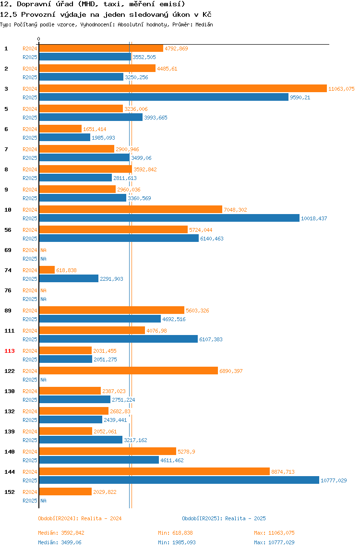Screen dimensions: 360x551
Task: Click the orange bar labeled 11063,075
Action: pos(183,88)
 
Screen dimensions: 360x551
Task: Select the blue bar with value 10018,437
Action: pos(169,218)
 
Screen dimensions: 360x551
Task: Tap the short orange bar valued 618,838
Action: pos(47,270)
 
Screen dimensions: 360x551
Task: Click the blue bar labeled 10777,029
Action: pos(179,480)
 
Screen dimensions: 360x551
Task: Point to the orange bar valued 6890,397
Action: pos(128,371)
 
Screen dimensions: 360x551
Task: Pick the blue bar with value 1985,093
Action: pos(65,137)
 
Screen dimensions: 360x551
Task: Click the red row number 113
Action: pos(10,351)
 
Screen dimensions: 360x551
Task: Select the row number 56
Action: pos(8,230)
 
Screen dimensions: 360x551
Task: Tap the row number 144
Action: pos(10,472)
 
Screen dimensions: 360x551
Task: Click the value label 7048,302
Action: pos(236,210)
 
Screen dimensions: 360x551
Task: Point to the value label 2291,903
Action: pos(111,279)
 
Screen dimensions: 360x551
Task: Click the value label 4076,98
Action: pos(157,331)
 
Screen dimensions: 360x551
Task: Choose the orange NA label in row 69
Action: pos(43,250)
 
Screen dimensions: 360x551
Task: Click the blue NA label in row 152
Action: pos(43,501)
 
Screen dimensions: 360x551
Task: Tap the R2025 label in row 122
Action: pos(30,380)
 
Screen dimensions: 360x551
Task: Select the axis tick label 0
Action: pos(39,39)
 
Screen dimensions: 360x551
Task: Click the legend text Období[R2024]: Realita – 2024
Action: pos(80,518)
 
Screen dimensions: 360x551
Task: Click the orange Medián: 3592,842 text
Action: pos(61,533)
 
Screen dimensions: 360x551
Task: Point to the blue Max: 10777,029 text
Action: pos(274,542)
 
